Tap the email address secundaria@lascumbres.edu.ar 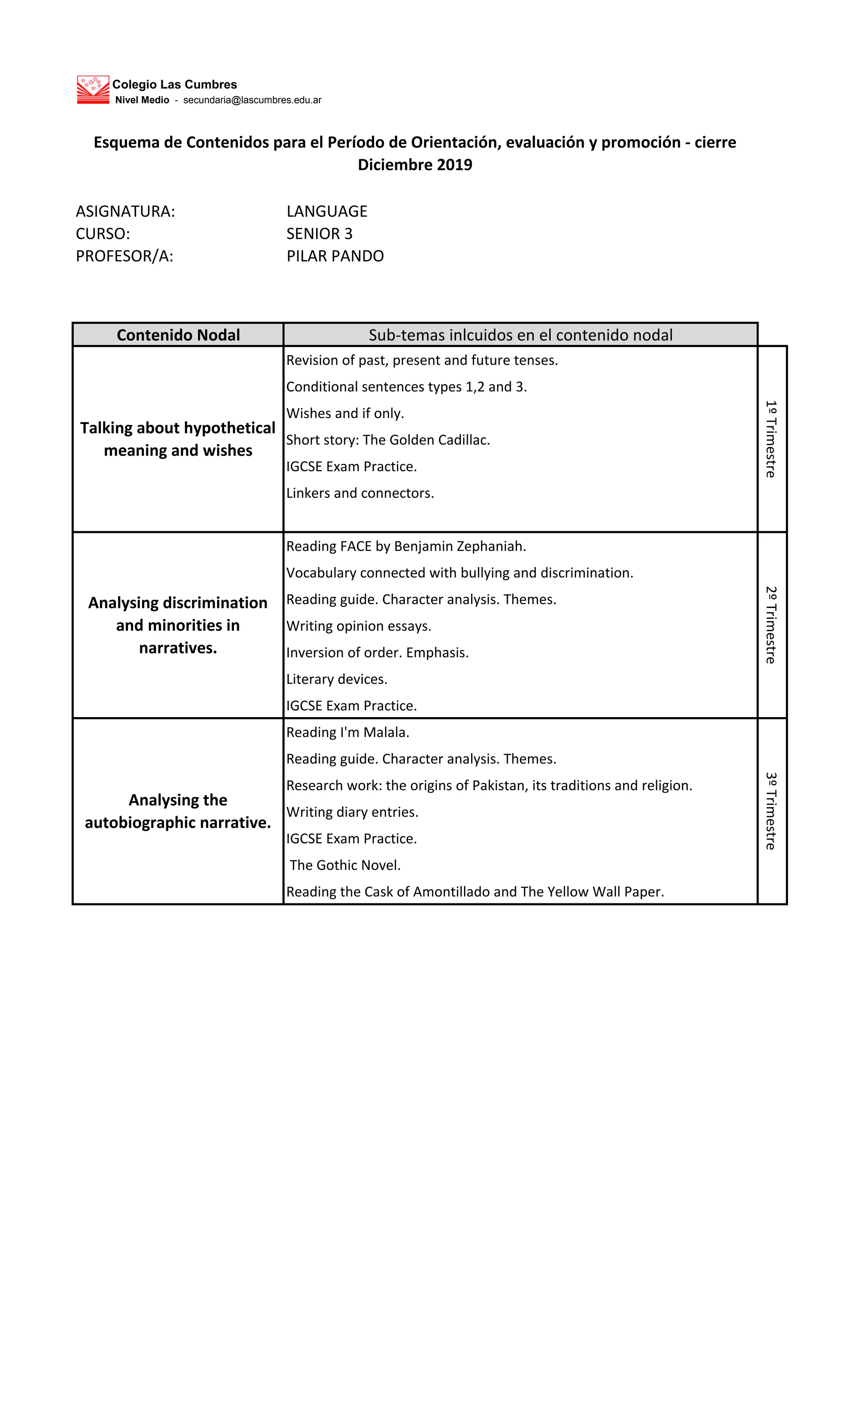[x=252, y=100]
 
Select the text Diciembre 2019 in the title [x=415, y=165]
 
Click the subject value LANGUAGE [x=327, y=211]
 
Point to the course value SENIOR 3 [x=319, y=234]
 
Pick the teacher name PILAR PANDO [x=335, y=256]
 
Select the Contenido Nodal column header [x=178, y=335]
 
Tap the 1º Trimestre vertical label [x=771, y=438]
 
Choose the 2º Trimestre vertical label [x=771, y=625]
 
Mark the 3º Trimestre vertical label [x=771, y=811]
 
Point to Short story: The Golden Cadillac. [x=388, y=440]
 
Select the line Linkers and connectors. [x=360, y=493]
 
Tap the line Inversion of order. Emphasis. [x=377, y=653]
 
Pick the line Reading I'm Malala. [x=347, y=732]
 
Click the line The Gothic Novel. [x=345, y=865]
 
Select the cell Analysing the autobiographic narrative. [x=178, y=811]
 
